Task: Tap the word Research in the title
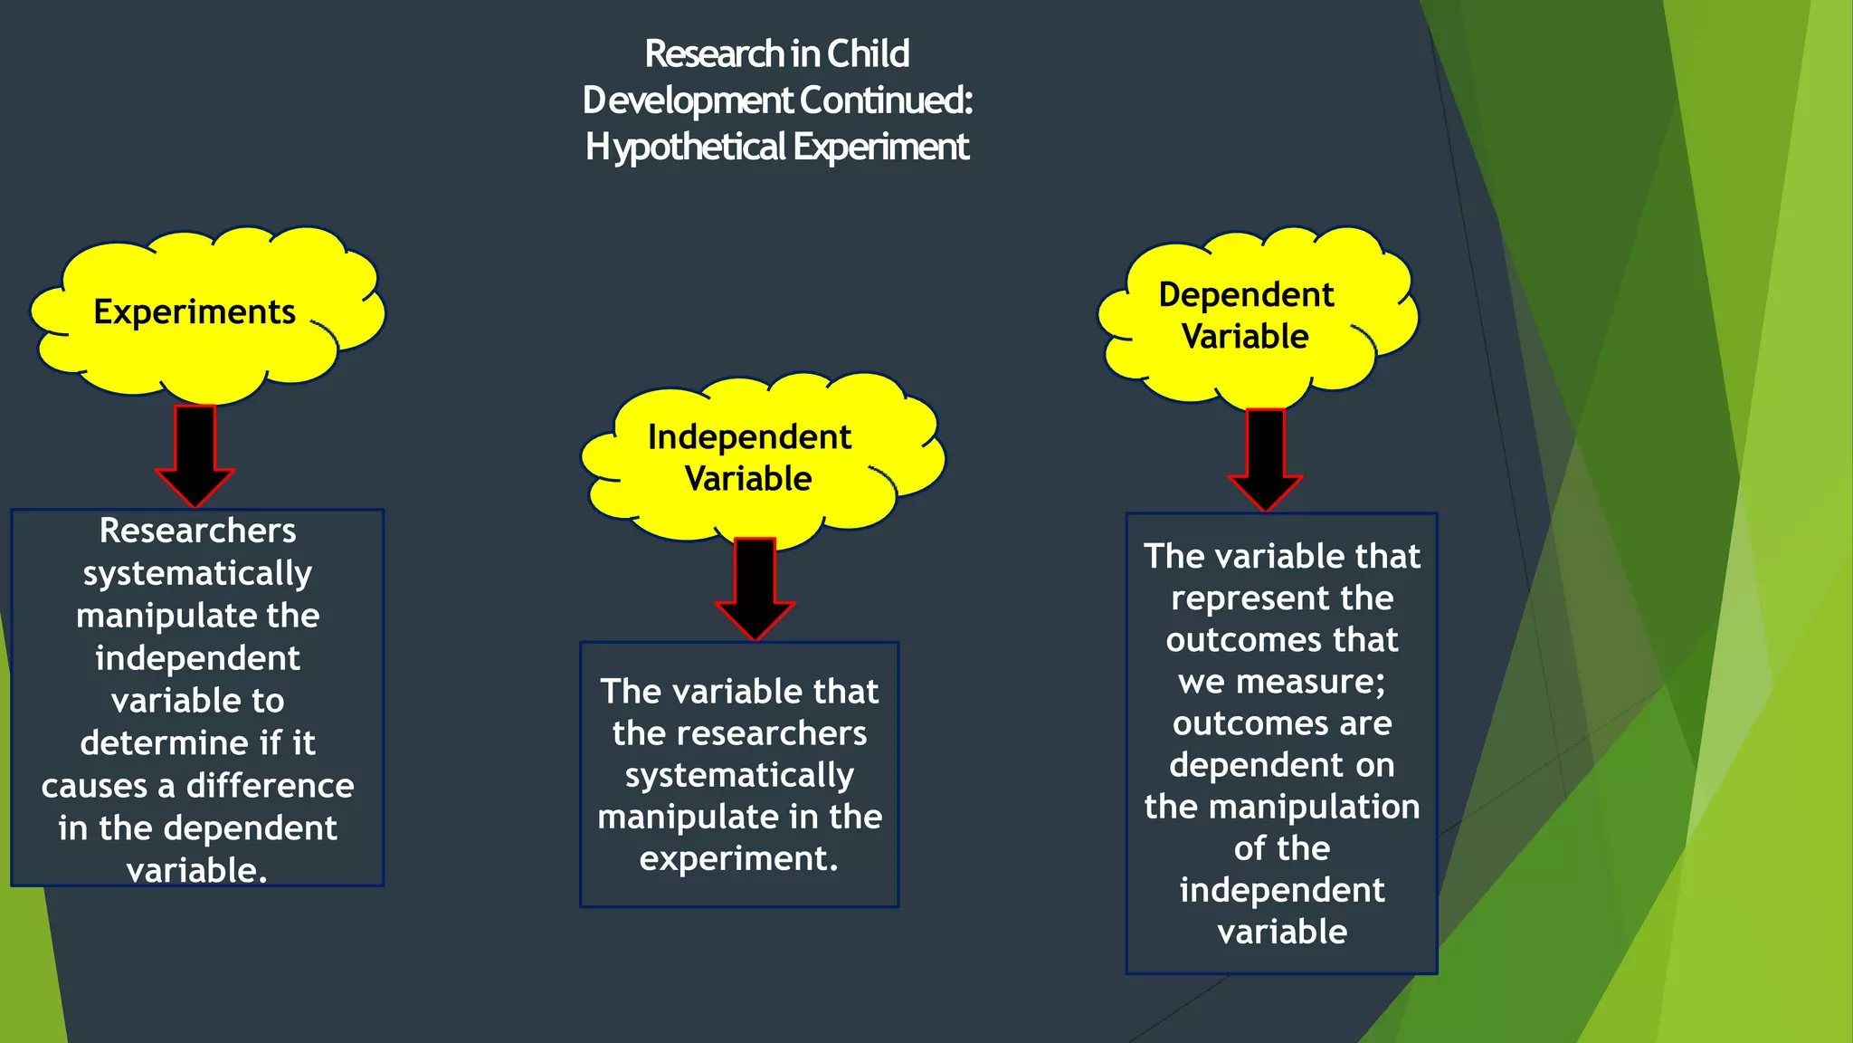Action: click(x=714, y=54)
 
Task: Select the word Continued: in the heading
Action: click(x=886, y=100)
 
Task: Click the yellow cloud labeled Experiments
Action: click(x=195, y=312)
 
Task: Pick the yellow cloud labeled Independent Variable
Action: click(x=749, y=457)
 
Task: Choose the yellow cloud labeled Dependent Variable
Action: click(x=1246, y=315)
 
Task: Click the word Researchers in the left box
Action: click(x=197, y=531)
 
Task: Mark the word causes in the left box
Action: click(x=93, y=786)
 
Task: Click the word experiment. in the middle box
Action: click(x=739, y=858)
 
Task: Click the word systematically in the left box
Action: click(x=197, y=574)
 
